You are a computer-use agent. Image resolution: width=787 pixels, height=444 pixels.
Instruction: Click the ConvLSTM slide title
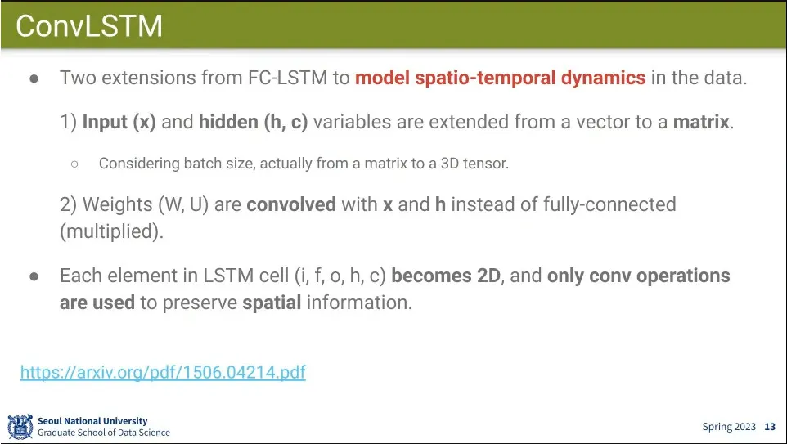point(89,25)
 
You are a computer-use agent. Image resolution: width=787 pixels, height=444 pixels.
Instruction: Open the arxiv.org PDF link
point(163,372)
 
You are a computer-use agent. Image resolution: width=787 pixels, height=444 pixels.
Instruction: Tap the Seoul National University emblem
point(20,427)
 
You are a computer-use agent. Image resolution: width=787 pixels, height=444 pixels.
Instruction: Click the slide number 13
point(770,427)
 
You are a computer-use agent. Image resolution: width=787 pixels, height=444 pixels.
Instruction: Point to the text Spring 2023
point(729,427)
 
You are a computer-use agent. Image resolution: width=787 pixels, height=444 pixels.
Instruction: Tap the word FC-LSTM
point(287,78)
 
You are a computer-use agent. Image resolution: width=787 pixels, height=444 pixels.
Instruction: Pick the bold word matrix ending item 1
point(700,122)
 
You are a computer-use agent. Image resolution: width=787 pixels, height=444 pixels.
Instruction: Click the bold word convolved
point(291,204)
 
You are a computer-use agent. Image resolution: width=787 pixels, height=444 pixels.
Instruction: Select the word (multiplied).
point(111,231)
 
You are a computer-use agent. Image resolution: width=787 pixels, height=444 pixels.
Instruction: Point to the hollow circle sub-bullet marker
point(74,164)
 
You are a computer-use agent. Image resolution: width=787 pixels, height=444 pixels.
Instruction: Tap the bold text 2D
point(488,276)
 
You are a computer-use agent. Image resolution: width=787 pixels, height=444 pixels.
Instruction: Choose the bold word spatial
point(272,303)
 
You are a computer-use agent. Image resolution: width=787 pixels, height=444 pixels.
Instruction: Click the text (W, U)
point(183,204)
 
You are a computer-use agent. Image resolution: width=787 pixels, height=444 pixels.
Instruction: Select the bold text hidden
point(229,122)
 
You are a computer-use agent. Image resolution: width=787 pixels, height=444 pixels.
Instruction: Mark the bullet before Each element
point(34,276)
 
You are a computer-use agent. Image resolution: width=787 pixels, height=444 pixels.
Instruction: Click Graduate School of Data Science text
point(104,433)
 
